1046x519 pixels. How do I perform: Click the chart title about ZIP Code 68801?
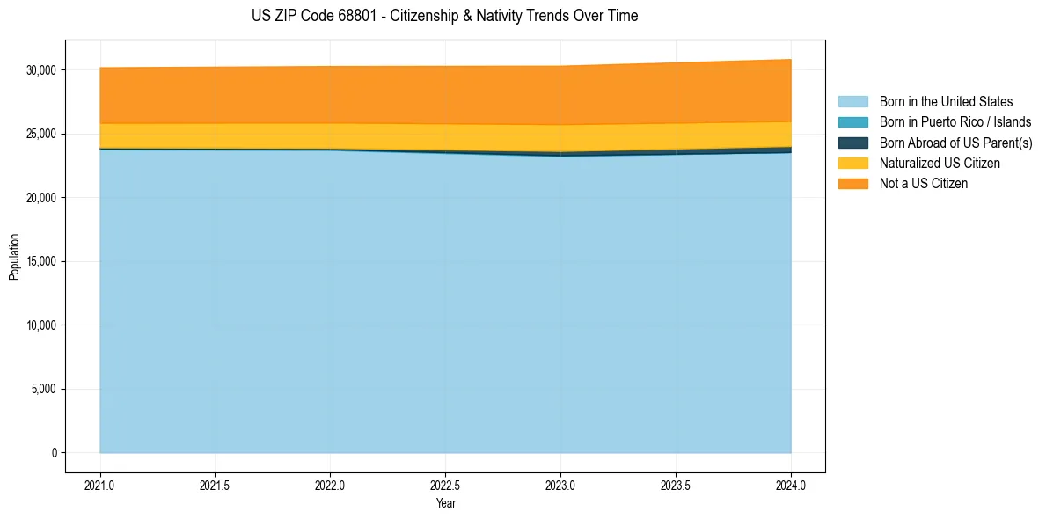click(444, 16)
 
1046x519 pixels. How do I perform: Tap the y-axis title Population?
click(14, 257)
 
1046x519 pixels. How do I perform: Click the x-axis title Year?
click(445, 503)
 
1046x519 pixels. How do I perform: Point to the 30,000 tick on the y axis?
click(41, 70)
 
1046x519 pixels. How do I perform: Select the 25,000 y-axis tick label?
click(41, 134)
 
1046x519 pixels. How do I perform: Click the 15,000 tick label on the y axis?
click(41, 261)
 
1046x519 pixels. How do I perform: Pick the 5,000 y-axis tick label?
click(44, 389)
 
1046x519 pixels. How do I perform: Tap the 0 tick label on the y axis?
click(55, 453)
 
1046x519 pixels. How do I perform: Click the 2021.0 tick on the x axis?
click(99, 485)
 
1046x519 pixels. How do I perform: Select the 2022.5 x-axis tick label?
click(445, 485)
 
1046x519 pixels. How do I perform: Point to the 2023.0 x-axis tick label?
click(560, 485)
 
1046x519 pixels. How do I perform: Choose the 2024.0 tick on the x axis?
click(791, 485)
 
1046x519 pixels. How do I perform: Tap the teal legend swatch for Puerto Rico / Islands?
click(852, 122)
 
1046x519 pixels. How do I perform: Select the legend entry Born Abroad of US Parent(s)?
click(955, 143)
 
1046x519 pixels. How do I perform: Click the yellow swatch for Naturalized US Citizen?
click(852, 163)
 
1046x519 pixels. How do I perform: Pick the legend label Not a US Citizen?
click(923, 184)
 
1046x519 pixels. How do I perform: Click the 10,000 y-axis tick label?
click(41, 325)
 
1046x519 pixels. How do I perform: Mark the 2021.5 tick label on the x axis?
click(215, 485)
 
